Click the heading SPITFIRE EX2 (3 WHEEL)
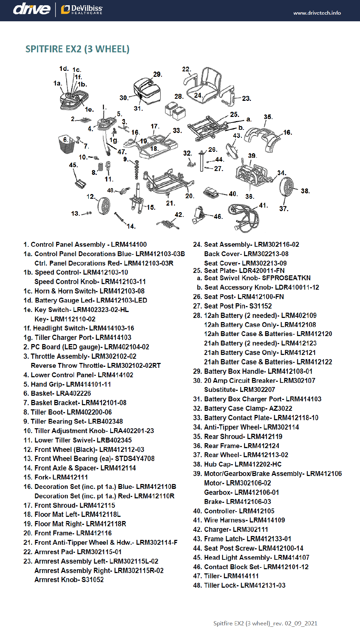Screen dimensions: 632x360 click(x=77, y=49)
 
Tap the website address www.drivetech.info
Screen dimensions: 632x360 click(x=317, y=13)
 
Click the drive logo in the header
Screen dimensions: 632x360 click(x=32, y=9)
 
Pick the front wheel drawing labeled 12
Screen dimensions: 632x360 click(x=104, y=206)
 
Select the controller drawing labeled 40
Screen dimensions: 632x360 click(x=211, y=192)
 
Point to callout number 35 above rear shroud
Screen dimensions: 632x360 click(x=268, y=117)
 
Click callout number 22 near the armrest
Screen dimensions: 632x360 click(x=186, y=69)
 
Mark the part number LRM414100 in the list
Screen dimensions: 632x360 click(x=129, y=245)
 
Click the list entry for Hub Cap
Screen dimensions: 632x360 click(x=237, y=464)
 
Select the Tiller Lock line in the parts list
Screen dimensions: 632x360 click(x=239, y=585)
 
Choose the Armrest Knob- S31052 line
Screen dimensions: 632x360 click(x=69, y=580)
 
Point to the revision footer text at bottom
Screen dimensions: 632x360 click(x=265, y=623)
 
